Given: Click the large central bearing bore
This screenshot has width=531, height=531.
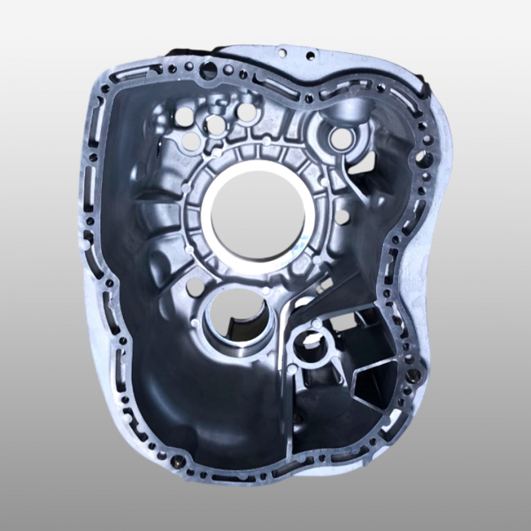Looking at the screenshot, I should click(257, 214).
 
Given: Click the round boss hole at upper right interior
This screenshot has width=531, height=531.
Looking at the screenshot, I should click(340, 138).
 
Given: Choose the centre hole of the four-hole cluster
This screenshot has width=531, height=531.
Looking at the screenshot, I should click(215, 125).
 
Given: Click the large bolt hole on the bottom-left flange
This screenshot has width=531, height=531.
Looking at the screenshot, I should click(180, 461).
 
